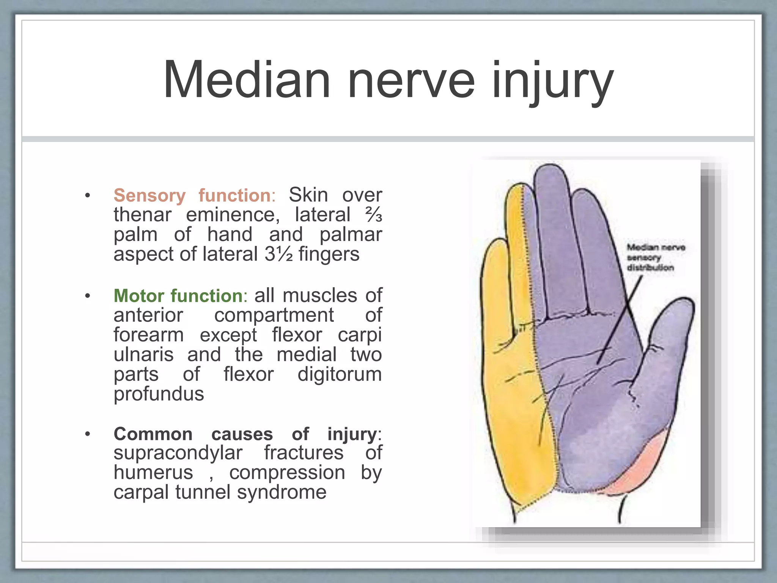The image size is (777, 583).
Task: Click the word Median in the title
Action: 247,80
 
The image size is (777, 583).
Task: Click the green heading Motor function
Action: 178,296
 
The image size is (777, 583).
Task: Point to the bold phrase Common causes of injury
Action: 245,434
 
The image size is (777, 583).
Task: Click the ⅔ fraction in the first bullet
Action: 373,215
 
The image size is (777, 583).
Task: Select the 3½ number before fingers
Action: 279,254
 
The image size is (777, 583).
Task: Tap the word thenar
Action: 142,215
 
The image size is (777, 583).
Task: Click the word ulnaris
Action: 144,355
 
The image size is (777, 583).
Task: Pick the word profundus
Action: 159,394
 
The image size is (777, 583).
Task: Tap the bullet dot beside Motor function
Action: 88,296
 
